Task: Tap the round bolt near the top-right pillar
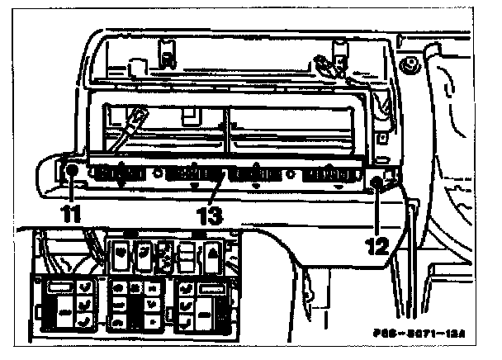pos(405,64)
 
